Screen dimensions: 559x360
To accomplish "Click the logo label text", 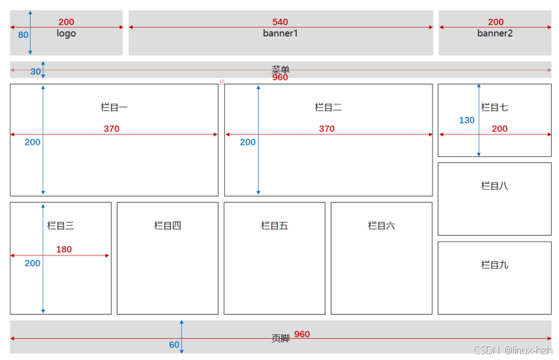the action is point(66,34).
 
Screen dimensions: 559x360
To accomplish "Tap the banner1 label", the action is point(281,34).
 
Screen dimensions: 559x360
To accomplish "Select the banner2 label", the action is point(495,34).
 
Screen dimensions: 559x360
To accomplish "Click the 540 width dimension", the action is point(280,22).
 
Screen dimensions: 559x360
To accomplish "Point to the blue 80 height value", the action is point(23,34).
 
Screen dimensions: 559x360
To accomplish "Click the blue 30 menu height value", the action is point(35,72).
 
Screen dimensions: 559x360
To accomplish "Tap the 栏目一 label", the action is point(114,107).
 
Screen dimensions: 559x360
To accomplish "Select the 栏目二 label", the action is point(328,107).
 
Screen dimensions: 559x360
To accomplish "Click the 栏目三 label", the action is point(61,226).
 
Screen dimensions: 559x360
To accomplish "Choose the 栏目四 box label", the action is point(167,226).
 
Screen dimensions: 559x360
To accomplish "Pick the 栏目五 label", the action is point(275,226).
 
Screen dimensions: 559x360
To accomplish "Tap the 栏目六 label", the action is point(381,226).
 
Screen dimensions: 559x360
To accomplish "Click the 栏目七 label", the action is point(495,107).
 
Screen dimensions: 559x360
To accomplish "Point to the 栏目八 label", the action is point(495,186).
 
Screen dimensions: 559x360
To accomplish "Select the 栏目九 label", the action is point(495,264).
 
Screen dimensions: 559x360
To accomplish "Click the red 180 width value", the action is point(64,249).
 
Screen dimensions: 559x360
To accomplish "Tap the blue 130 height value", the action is point(467,120).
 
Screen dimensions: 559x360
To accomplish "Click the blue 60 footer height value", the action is point(174,345).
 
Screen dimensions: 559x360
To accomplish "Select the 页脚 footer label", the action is point(281,338).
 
